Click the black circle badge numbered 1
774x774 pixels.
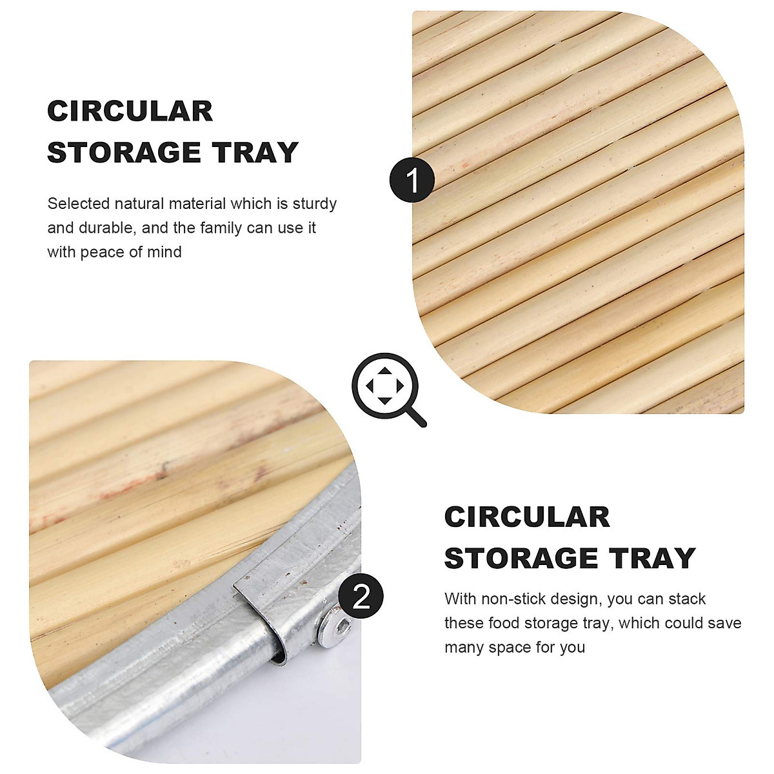[412, 180]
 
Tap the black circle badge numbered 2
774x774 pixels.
[361, 596]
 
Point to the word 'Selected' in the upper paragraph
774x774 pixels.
[79, 204]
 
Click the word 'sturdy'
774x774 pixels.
[315, 204]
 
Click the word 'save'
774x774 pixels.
[724, 623]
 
